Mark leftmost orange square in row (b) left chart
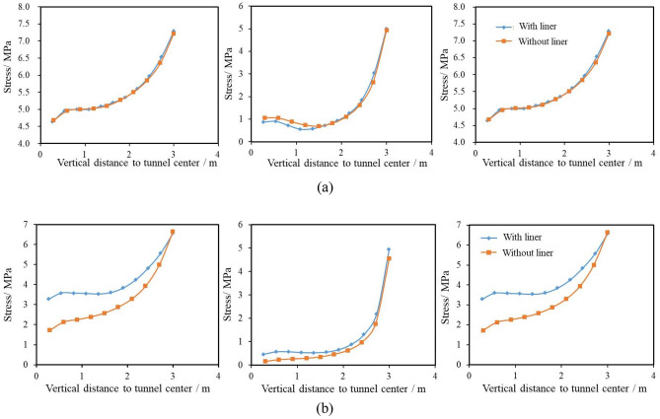point(49,329)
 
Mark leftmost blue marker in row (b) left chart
point(49,299)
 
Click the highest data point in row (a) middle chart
point(387,30)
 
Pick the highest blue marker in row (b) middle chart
point(389,249)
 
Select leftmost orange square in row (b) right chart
point(483,329)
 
